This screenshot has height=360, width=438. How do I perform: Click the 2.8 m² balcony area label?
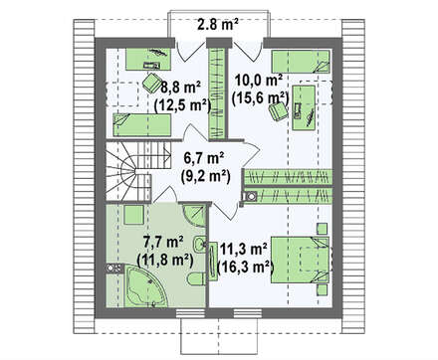[218, 25]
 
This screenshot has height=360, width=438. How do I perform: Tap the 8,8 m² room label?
[180, 89]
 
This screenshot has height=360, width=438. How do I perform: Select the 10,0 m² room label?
[259, 81]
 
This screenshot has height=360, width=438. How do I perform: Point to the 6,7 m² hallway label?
[204, 159]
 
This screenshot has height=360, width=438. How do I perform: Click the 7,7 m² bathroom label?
[163, 242]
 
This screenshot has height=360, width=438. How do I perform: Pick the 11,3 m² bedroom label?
[244, 249]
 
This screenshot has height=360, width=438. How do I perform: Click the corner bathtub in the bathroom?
[144, 285]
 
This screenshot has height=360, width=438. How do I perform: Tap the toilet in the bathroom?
[196, 279]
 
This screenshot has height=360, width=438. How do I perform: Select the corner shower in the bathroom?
[194, 216]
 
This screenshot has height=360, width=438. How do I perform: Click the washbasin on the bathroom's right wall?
[200, 245]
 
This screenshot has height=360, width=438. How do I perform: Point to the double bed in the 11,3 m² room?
[301, 260]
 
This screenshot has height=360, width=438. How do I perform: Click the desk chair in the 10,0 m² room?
[278, 110]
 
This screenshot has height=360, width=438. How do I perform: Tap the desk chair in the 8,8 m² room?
[151, 83]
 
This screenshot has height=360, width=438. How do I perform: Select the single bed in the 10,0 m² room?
[301, 62]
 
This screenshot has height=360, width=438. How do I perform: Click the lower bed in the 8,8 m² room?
[142, 125]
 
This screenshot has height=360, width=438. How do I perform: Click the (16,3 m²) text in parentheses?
[246, 267]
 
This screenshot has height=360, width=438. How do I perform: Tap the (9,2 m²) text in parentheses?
[206, 176]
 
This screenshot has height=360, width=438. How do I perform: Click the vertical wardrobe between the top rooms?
[217, 92]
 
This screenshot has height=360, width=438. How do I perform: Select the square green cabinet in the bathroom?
[133, 215]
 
